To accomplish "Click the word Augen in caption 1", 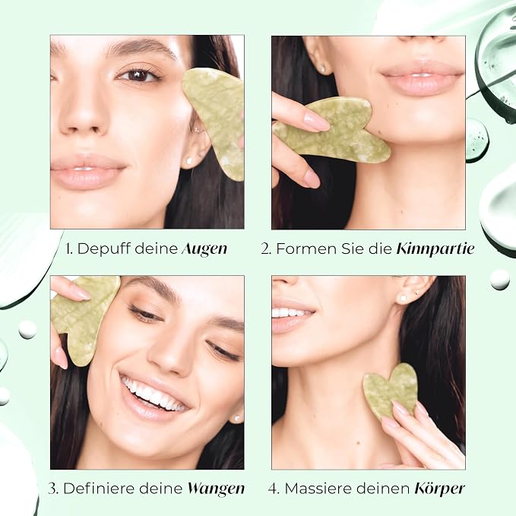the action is pos(204,249).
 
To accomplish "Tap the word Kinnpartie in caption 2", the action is pos(435,249).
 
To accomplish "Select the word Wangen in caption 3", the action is pos(217,489).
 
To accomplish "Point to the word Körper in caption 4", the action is pos(440,489).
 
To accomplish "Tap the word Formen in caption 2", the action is pos(307,249).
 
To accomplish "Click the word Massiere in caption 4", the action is pos(317,489).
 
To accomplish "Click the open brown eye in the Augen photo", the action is pos(139,75).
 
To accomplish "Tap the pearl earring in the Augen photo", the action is pos(189,161).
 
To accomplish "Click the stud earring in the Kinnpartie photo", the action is pos(323,68).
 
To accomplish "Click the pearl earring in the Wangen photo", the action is pos(236,419).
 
